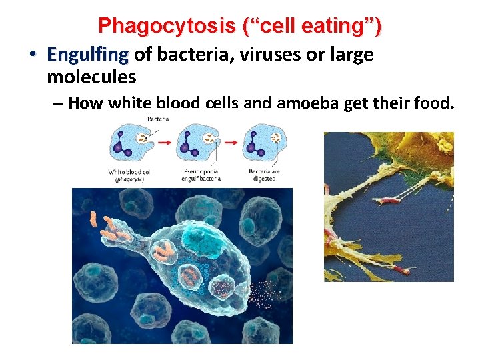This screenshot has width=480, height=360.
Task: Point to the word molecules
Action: [x=91, y=77]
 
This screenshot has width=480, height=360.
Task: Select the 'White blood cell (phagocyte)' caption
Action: [x=130, y=176]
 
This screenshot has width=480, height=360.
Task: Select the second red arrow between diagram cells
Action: [x=231, y=142]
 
